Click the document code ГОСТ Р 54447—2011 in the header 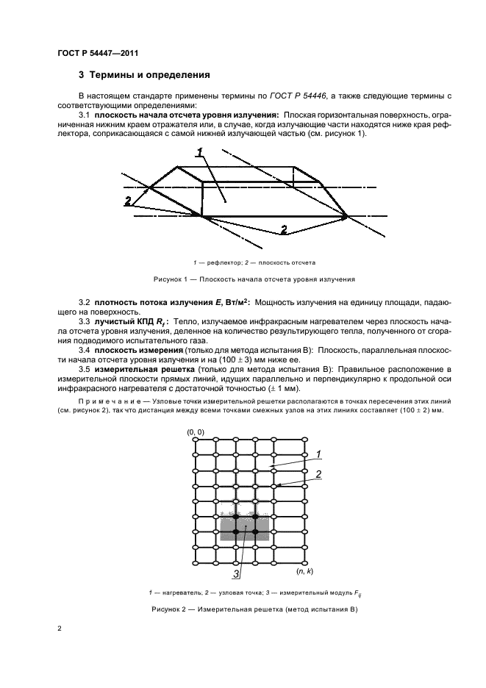point(98,53)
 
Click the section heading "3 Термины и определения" point(144,75)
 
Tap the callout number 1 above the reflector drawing point(199,152)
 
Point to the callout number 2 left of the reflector point(128,201)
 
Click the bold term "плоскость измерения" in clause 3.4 point(132,350)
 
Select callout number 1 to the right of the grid point(318,454)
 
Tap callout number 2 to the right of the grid point(318,474)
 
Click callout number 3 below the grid point(237,574)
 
